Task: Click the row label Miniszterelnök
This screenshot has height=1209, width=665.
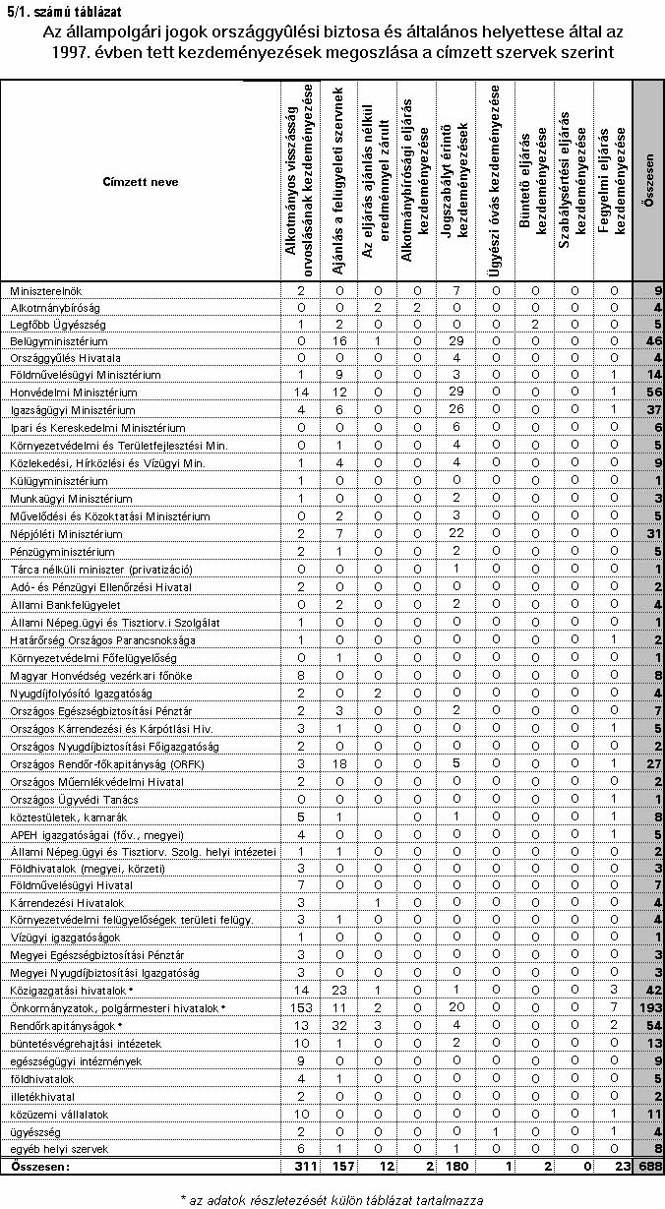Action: click(45, 290)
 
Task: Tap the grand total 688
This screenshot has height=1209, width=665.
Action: click(649, 1167)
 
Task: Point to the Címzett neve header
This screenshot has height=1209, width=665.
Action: click(140, 182)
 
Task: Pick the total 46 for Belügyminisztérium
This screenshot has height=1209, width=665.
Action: click(653, 339)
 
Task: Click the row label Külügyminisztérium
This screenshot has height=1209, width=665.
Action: click(59, 481)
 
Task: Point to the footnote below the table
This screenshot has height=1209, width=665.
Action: click(332, 1199)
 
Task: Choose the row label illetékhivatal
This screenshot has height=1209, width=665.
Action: click(40, 1097)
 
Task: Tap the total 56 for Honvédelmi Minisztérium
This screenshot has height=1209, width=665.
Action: click(653, 393)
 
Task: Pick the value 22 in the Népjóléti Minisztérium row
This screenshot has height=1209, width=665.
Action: click(455, 534)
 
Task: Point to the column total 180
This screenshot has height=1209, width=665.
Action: click(455, 1167)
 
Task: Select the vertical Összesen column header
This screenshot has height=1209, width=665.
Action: click(649, 182)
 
